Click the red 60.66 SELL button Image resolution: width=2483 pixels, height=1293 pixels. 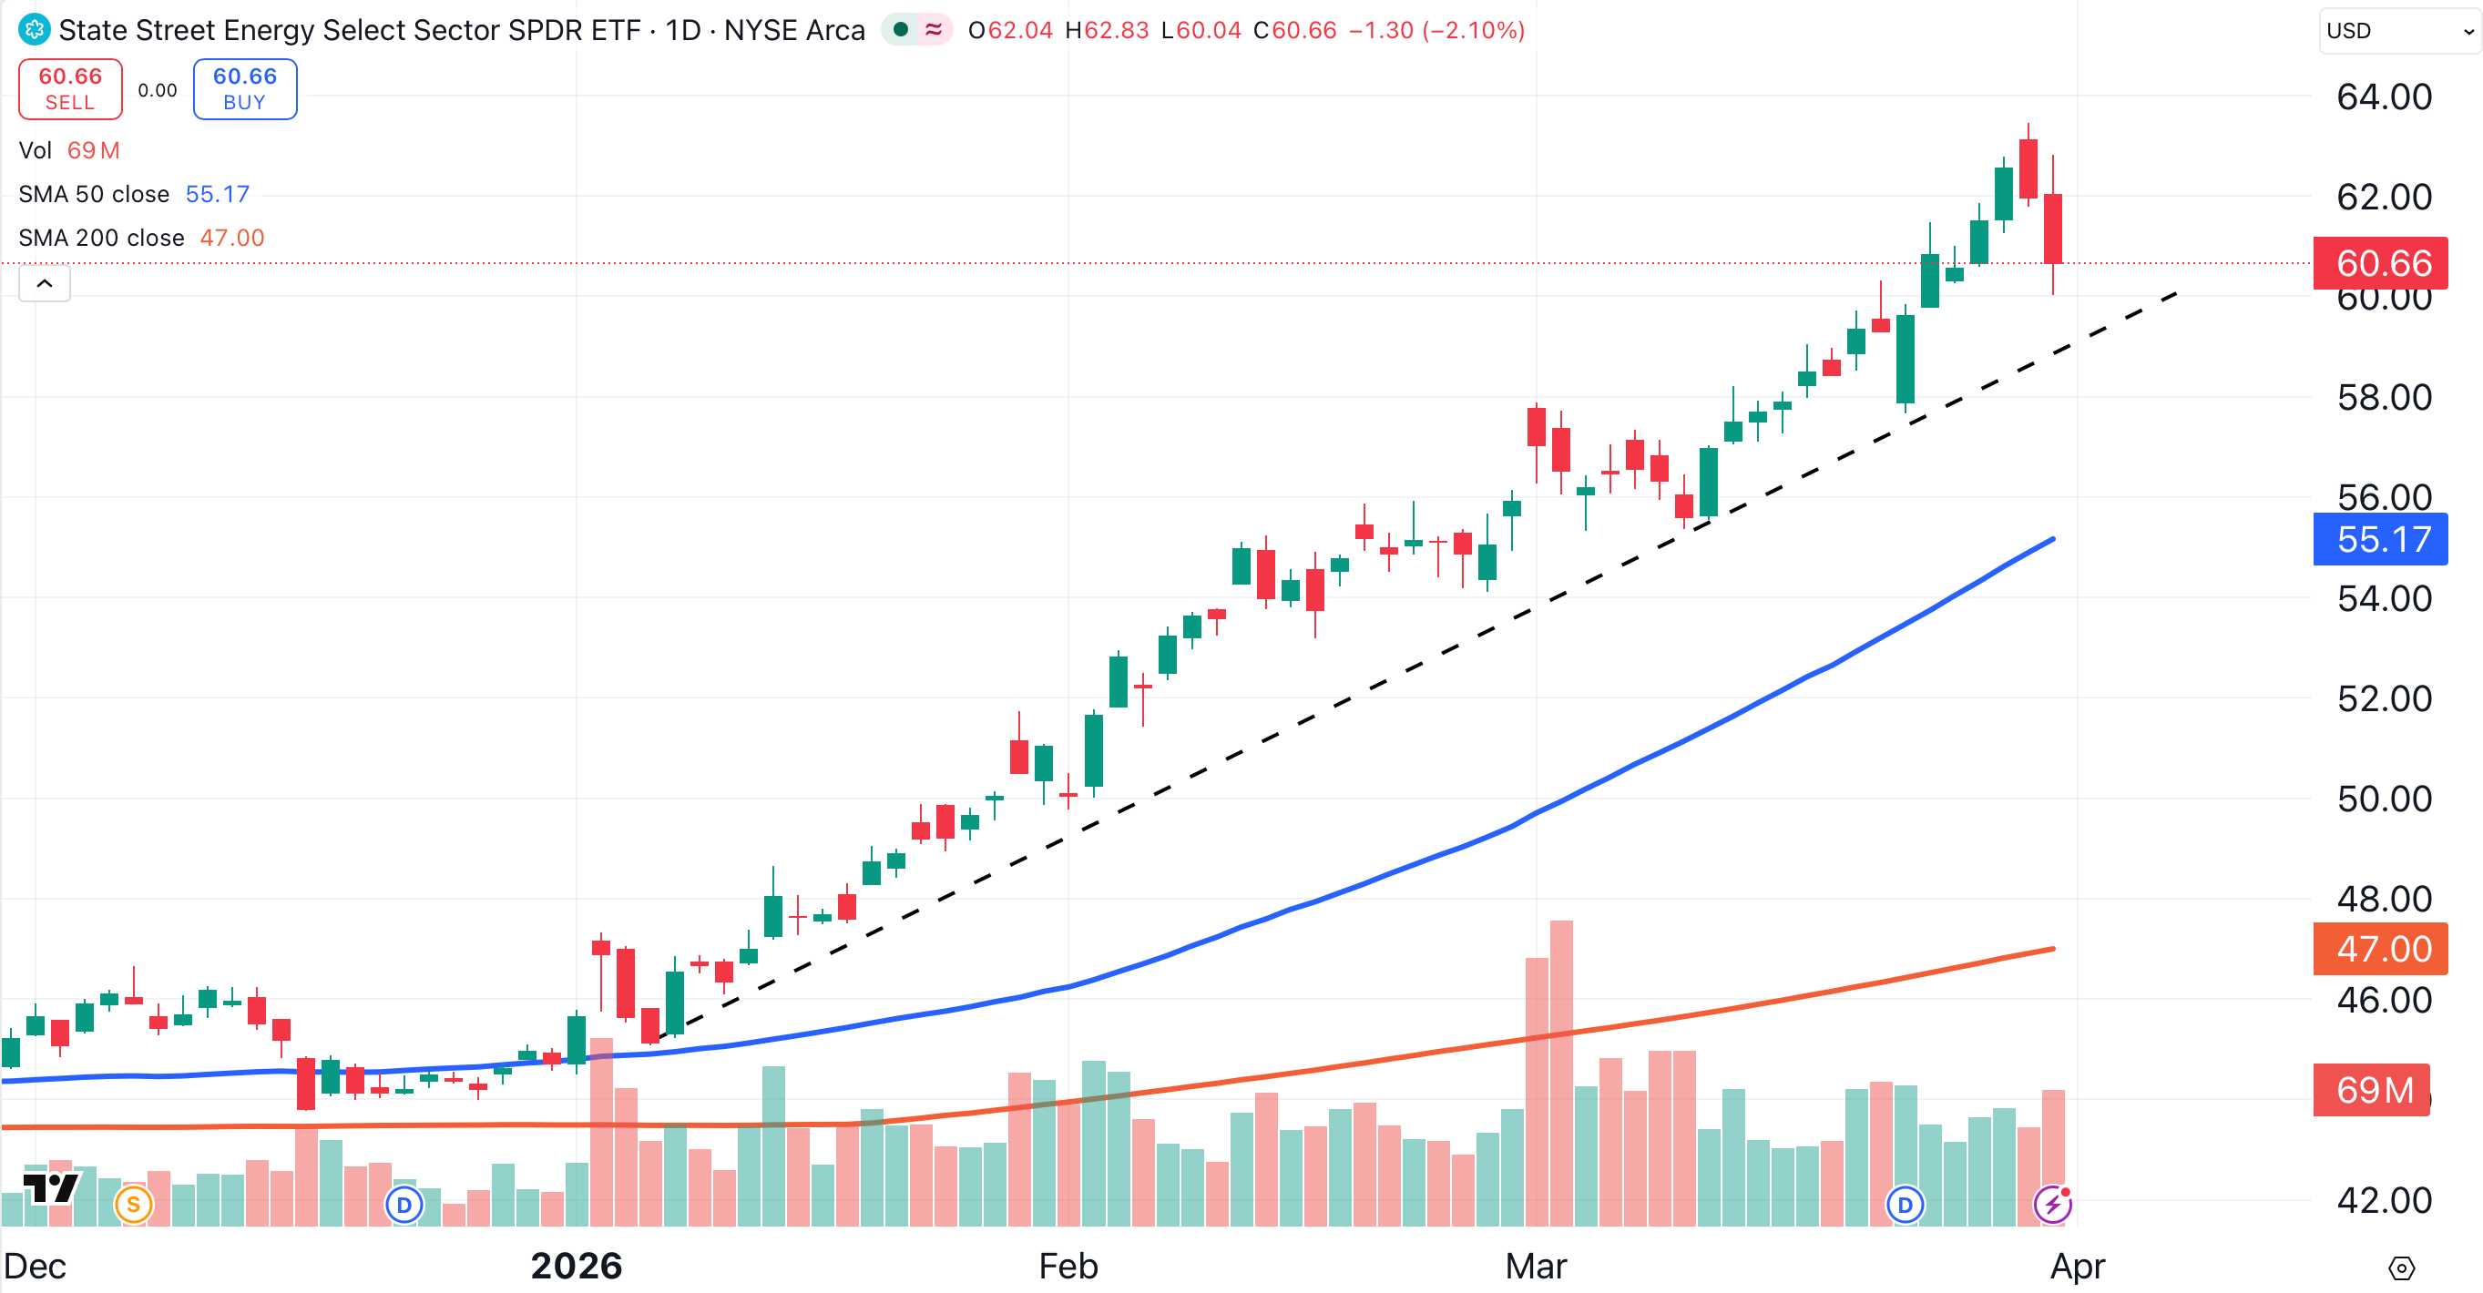[x=70, y=88]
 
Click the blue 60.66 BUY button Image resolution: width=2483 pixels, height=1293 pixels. [x=245, y=88]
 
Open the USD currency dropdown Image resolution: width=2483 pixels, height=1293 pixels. [x=2397, y=31]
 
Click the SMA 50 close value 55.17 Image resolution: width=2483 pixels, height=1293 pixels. [x=217, y=195]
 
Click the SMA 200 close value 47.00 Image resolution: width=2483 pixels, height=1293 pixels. [x=231, y=238]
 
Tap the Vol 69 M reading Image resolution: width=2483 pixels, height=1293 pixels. [x=93, y=150]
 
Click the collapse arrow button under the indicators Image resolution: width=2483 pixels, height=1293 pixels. [x=45, y=283]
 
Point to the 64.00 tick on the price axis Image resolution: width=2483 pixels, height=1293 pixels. [x=2384, y=97]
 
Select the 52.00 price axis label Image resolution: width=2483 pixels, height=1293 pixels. [x=2384, y=698]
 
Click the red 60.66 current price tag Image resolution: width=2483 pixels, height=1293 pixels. [x=2380, y=263]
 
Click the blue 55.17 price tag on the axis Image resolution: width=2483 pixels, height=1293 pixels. [x=2380, y=540]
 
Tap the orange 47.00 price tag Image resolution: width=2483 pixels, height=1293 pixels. [x=2380, y=949]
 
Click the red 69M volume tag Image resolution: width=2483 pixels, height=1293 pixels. [x=2372, y=1090]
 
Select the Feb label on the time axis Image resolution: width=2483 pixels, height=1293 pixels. [x=1068, y=1266]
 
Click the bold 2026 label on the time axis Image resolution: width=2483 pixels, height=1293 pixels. [x=577, y=1266]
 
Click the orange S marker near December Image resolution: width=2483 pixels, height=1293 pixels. [x=133, y=1205]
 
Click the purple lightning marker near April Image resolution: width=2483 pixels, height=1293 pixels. [x=2052, y=1205]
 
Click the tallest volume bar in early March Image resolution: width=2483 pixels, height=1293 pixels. [x=1561, y=1070]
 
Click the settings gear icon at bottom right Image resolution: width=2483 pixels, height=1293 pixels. [x=2401, y=1268]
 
